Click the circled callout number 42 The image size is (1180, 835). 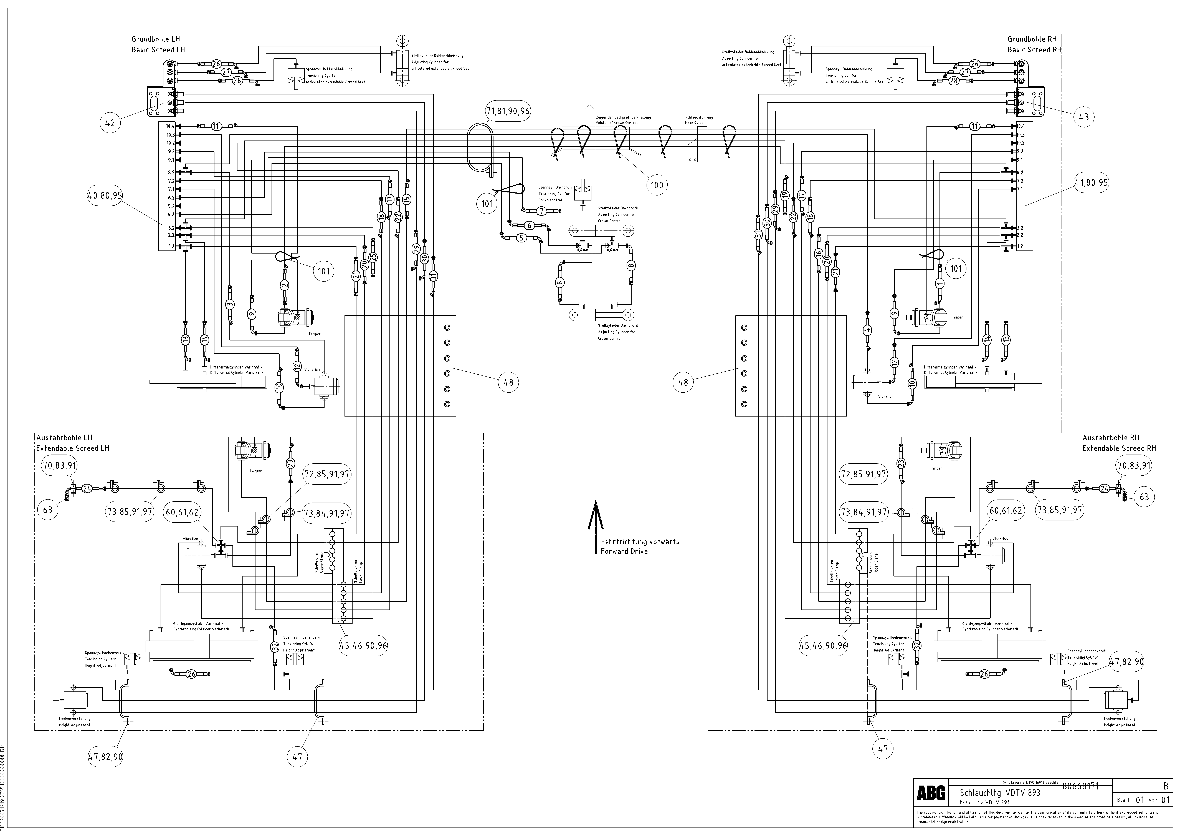[110, 123]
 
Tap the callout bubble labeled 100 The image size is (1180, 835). [657, 185]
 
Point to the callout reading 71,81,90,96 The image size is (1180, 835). [508, 111]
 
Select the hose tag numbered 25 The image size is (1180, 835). [373, 257]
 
